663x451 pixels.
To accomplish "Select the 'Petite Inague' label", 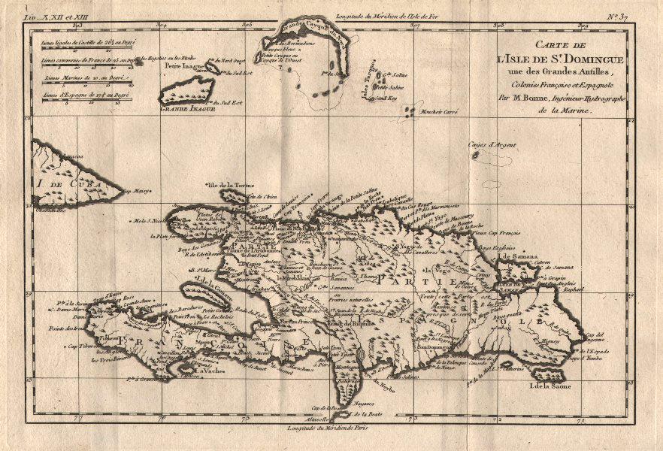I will pyautogui.click(x=182, y=65).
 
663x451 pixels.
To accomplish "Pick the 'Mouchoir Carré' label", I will pyautogui.click(x=440, y=110).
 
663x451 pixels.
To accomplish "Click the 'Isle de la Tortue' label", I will pyautogui.click(x=230, y=184).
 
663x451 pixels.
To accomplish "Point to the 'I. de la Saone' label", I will pyautogui.click(x=549, y=386).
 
